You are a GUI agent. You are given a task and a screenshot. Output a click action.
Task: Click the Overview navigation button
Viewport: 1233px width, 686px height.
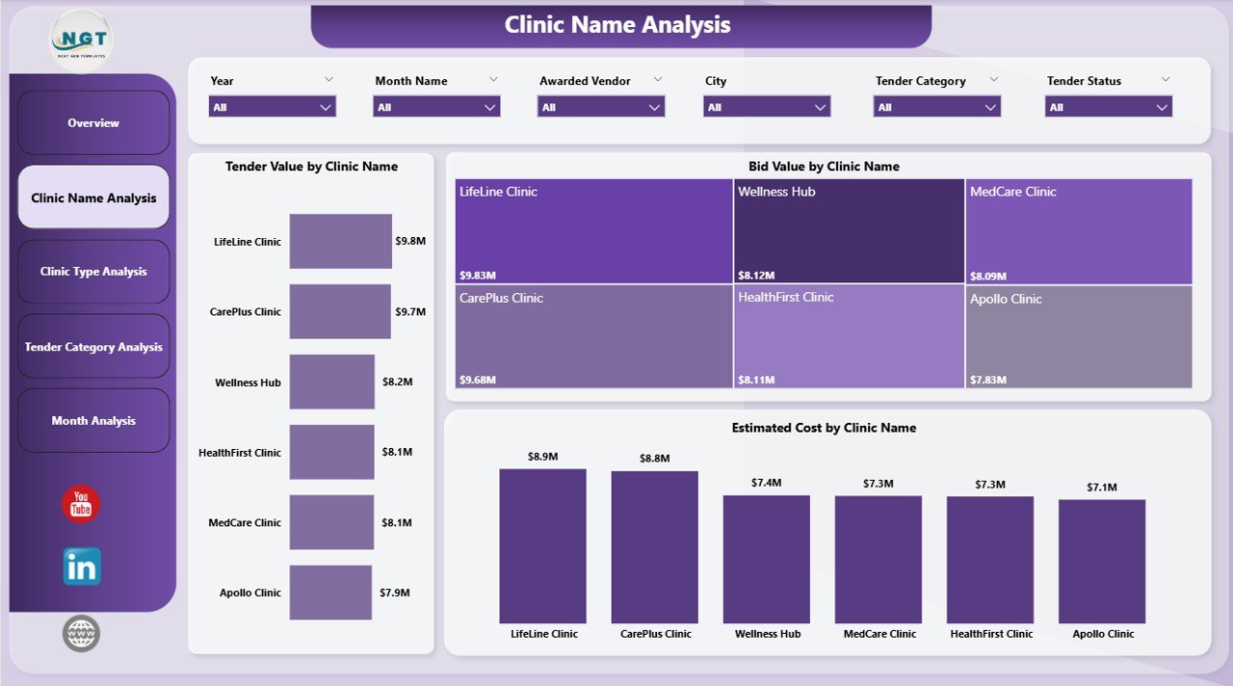click(93, 123)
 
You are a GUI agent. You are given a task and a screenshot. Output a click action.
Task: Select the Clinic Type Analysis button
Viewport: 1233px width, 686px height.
click(93, 272)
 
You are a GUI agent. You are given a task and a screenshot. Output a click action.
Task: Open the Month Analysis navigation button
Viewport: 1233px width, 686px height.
click(93, 421)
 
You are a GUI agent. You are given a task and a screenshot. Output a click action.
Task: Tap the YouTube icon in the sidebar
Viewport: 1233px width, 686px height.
click(81, 505)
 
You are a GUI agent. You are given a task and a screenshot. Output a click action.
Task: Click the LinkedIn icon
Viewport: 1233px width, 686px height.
click(82, 567)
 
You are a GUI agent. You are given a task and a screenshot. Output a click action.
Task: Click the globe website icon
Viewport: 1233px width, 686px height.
click(81, 634)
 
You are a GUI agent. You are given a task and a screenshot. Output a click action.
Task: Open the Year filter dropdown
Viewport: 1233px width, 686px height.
click(273, 107)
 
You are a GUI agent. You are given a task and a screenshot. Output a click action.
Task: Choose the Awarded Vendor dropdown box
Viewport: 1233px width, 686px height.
click(601, 107)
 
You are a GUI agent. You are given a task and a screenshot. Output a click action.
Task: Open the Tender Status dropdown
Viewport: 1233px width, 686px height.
click(1108, 107)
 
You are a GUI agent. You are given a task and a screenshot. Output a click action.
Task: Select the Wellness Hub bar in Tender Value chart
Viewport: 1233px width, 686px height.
click(331, 382)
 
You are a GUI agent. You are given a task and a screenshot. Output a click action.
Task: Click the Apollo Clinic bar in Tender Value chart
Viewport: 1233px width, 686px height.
click(330, 593)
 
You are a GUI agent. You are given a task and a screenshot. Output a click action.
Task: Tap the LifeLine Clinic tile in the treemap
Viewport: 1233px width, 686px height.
click(593, 231)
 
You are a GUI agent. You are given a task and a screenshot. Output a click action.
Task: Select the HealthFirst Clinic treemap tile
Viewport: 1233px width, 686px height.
click(849, 336)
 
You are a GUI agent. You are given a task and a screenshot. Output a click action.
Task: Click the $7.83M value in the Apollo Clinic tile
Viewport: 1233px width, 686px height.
click(987, 380)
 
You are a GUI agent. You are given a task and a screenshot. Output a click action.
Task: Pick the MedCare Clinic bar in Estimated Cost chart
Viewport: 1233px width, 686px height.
click(878, 559)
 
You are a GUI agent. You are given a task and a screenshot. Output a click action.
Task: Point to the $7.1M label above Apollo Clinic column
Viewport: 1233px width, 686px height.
click(1101, 488)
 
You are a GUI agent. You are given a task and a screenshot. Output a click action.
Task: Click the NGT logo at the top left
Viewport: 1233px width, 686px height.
click(81, 40)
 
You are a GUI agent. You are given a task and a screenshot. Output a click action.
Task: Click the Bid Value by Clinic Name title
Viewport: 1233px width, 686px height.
click(824, 167)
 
